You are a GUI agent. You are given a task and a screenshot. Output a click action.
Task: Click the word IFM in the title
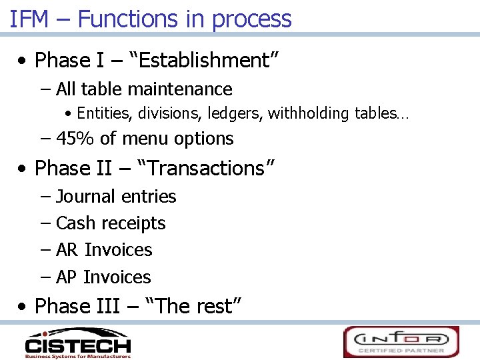[x=30, y=19]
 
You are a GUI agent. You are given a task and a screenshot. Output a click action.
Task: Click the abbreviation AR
[x=67, y=250]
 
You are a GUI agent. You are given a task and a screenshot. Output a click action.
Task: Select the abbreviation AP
[x=67, y=277]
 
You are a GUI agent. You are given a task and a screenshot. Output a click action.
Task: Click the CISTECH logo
[x=77, y=343]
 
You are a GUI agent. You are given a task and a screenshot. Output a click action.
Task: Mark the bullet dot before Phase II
[x=24, y=169]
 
